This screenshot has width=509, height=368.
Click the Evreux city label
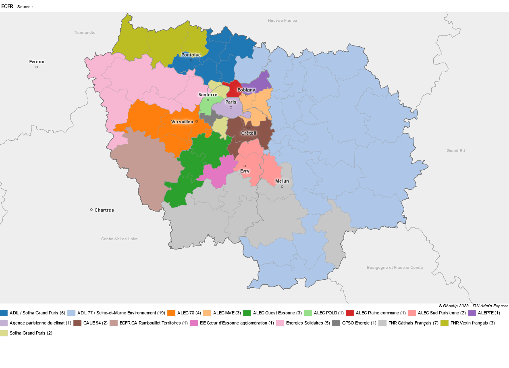pos(37,62)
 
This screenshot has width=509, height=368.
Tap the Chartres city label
pos(104,210)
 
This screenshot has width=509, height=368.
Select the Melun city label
pos(282,181)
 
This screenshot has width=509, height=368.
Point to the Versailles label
pos(182,122)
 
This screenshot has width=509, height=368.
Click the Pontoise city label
pos(191,55)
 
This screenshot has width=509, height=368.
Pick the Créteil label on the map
pos(249,133)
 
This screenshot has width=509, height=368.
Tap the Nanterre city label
pos(208,95)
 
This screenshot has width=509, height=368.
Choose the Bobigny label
pos(246,90)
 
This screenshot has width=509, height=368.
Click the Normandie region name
pos(85,32)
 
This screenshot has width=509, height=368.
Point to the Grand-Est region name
pos(456,151)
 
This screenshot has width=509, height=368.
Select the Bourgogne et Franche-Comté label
pos(395,268)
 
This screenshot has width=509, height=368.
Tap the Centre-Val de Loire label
pos(119,239)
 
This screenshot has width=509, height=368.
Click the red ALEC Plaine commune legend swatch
pos(350,313)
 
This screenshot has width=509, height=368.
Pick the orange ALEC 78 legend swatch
pos(171,313)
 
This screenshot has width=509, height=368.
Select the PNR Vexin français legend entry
pos(472,323)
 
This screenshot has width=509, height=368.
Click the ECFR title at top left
pos(7,6)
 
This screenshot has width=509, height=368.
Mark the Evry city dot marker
pos(245,166)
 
